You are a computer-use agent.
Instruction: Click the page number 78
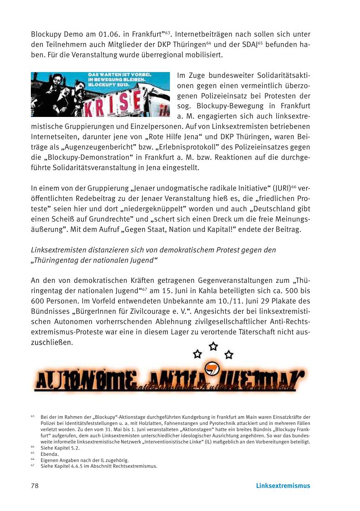[35, 486]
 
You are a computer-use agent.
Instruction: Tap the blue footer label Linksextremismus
[283, 486]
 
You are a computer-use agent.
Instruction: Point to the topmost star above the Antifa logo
[213, 346]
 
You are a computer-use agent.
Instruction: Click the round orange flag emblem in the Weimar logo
[212, 368]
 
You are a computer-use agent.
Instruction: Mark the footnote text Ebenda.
[50, 454]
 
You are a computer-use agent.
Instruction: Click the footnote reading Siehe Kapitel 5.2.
[60, 448]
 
